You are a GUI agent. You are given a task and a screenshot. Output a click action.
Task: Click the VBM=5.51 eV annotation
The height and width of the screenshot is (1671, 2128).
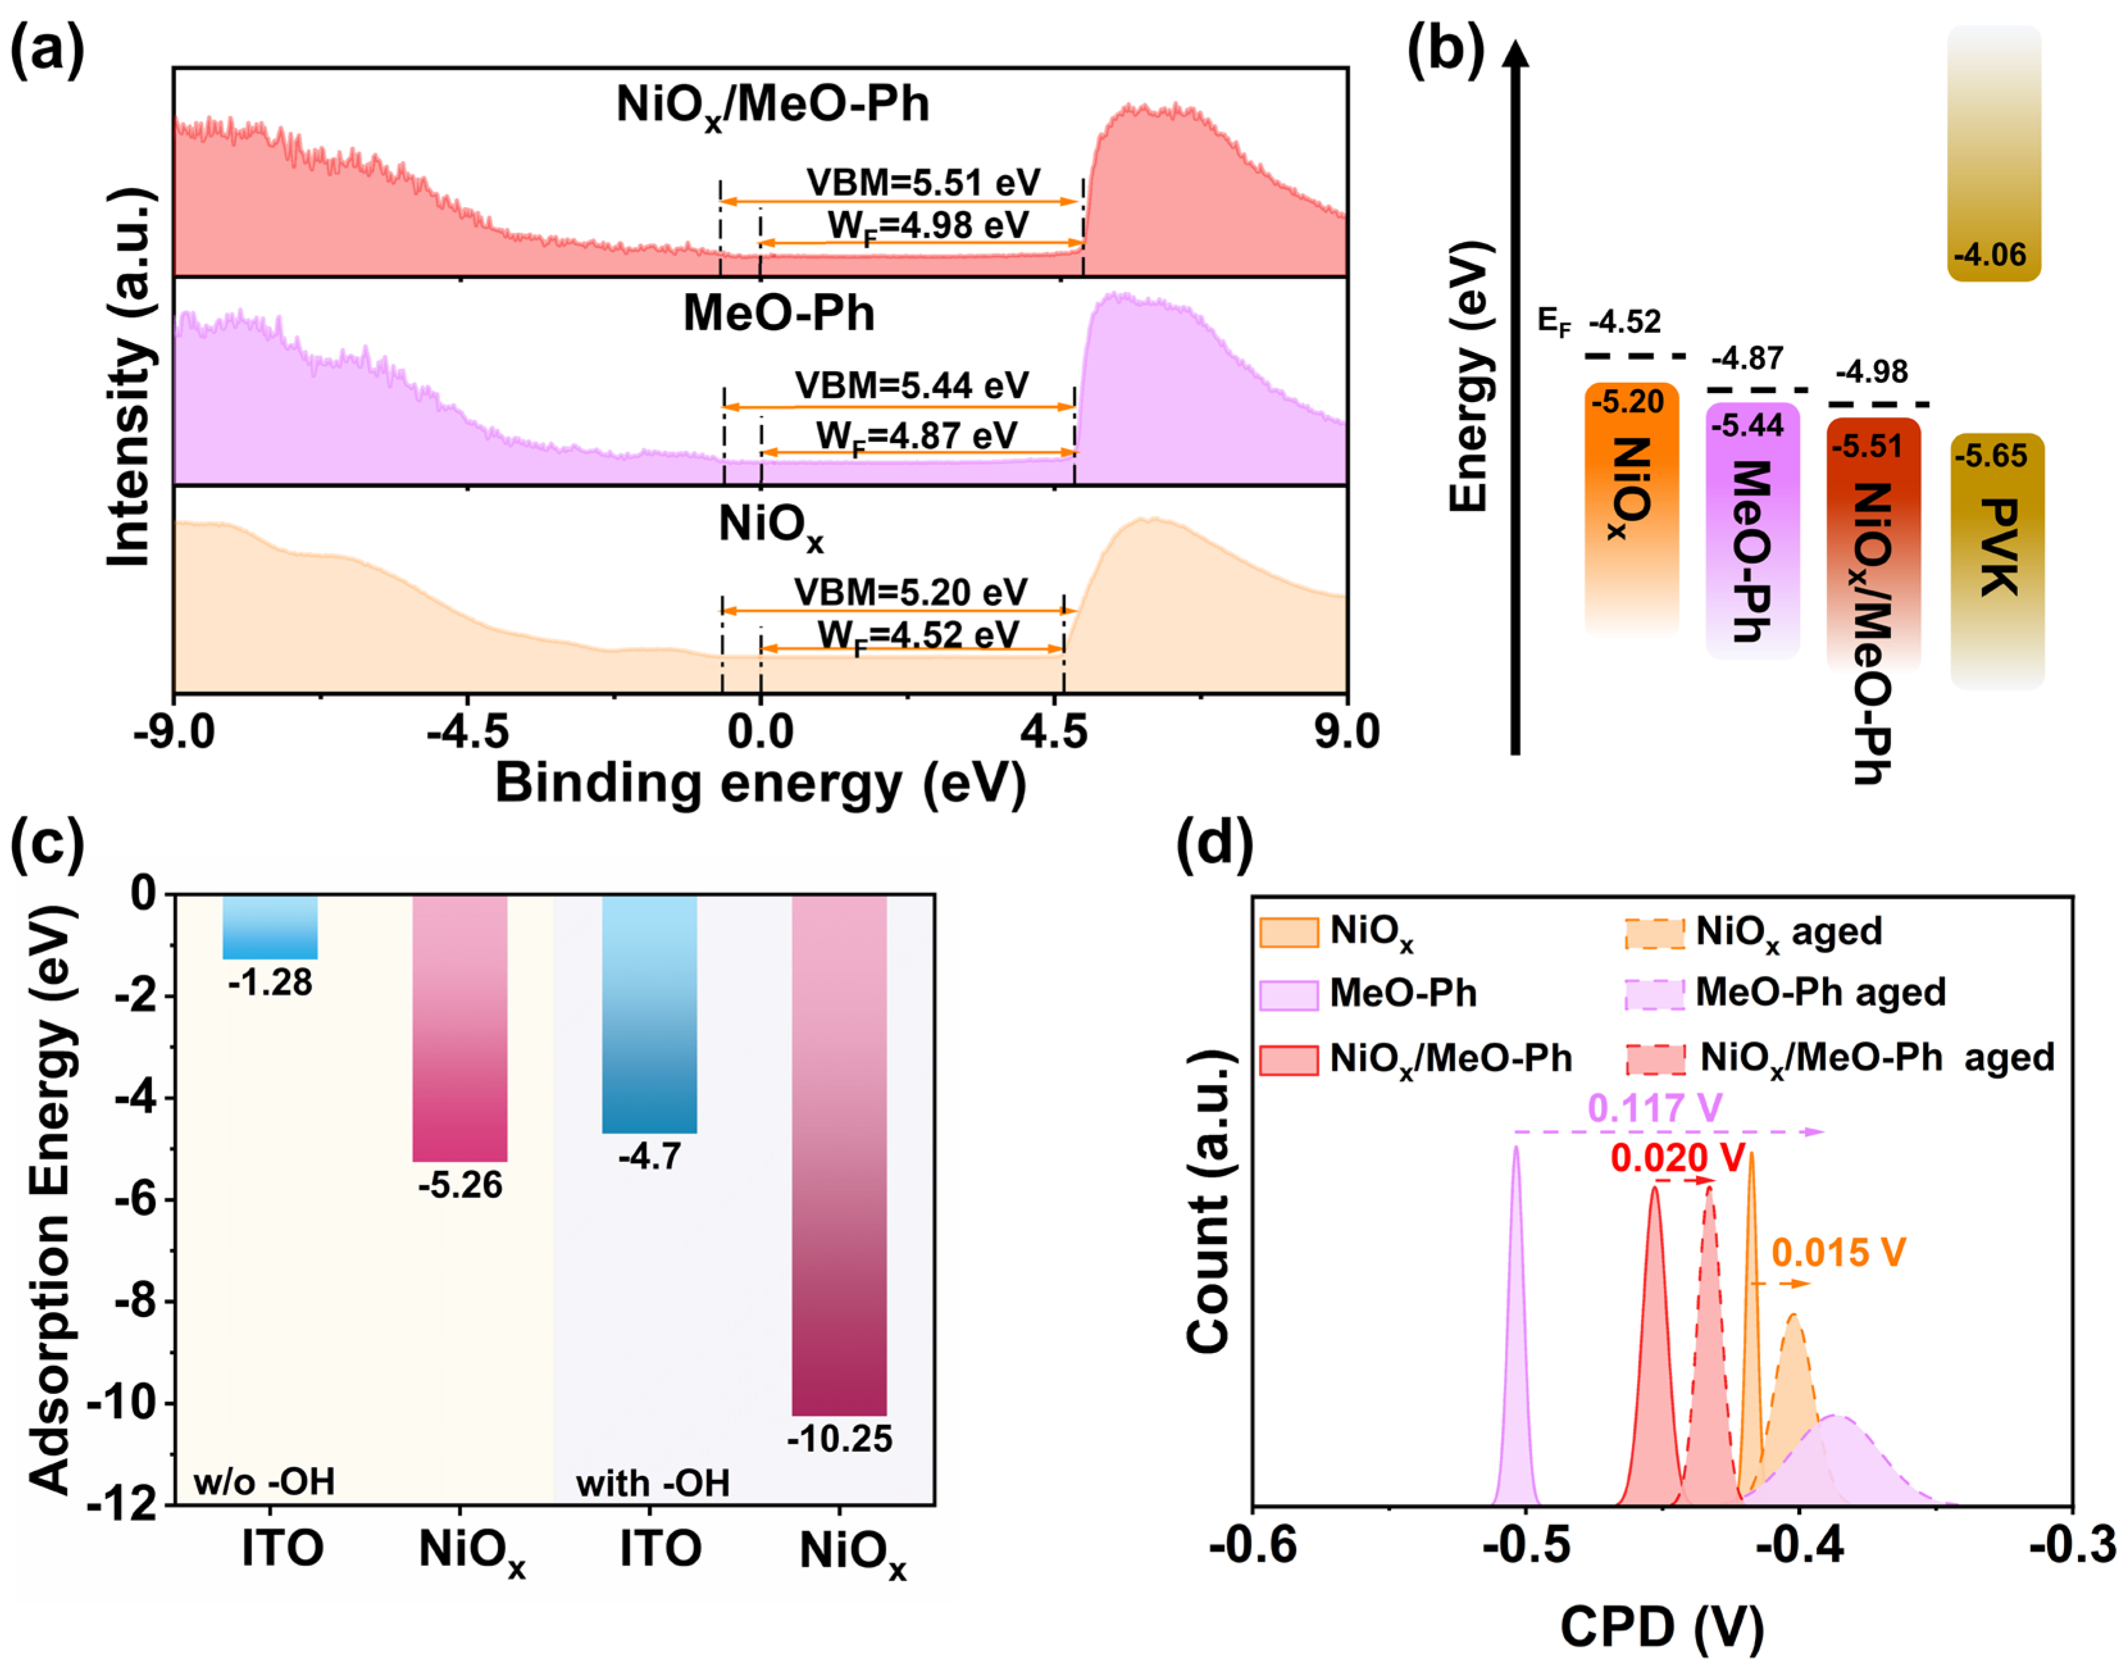pos(922,183)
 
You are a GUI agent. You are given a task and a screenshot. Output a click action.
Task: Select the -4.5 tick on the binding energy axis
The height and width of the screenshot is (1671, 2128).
pos(467,732)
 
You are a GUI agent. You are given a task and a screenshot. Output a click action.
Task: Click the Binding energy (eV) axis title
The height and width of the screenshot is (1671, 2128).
pos(760,784)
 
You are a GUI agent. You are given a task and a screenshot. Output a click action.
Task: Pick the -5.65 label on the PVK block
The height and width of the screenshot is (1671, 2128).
pos(1990,456)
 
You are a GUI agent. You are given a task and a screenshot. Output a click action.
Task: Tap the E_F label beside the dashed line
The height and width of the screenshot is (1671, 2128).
pos(1553,321)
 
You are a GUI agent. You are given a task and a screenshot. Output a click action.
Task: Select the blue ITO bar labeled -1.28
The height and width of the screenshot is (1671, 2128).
pos(270,927)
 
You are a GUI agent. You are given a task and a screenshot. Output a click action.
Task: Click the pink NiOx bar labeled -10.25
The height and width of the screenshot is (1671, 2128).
pos(839,1154)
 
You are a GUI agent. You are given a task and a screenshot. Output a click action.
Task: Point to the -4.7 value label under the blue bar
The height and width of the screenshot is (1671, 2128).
pos(649,1157)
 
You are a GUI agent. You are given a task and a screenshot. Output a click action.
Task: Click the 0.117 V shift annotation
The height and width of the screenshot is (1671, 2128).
pos(1655,1109)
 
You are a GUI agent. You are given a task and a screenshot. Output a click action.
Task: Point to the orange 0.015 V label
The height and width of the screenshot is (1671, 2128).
pos(1838,1253)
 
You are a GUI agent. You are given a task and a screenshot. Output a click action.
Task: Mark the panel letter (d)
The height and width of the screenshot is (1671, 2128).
pos(1213,843)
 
